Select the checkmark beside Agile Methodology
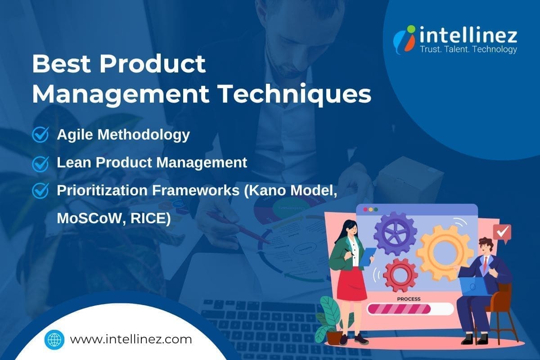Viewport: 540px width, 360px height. pos(40,135)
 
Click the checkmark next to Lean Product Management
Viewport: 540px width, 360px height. pos(40,162)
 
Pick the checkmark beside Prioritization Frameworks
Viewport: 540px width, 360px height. pos(40,190)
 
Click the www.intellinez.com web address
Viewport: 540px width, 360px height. pos(131,339)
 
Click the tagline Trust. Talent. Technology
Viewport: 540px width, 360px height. pos(468,50)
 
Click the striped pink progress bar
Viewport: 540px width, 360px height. pos(409,309)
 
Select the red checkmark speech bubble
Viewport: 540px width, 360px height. pos(502,233)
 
